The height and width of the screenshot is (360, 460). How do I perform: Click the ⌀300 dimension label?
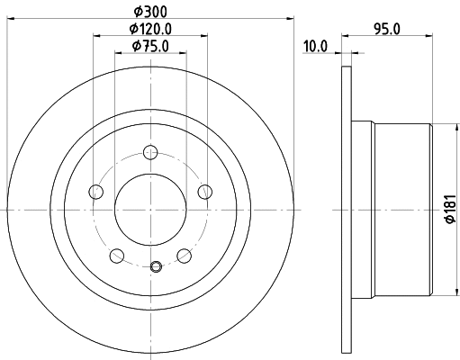tap(150, 12)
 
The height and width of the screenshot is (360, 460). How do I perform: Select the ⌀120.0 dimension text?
tap(150, 29)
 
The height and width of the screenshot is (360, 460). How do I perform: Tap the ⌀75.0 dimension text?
tap(150, 46)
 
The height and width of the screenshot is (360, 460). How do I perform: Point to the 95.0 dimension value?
tap(387, 30)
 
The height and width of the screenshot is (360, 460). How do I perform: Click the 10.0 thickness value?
tap(315, 47)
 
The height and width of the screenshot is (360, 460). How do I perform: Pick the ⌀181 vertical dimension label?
tap(451, 209)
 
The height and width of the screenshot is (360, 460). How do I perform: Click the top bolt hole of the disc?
tap(150, 152)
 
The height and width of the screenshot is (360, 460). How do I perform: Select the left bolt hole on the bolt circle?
tap(96, 192)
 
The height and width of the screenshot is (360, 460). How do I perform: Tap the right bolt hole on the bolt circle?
tap(205, 192)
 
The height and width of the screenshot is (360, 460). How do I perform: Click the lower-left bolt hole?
tap(117, 256)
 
